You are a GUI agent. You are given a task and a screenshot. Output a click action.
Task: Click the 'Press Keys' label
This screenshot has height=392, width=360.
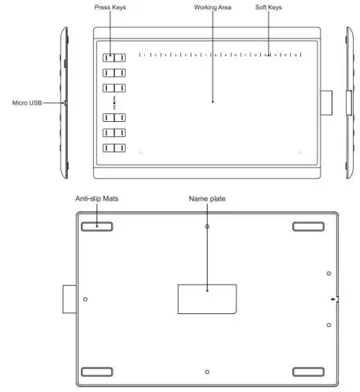pyautogui.click(x=110, y=6)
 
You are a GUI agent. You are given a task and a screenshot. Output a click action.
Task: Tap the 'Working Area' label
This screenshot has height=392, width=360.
pyautogui.click(x=212, y=6)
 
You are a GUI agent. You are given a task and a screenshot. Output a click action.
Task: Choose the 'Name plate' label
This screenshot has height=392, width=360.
pyautogui.click(x=207, y=200)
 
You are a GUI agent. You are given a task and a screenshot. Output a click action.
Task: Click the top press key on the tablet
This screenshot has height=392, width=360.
pyautogui.click(x=114, y=57)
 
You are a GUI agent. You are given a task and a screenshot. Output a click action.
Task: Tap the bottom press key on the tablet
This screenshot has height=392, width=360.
pyautogui.click(x=114, y=147)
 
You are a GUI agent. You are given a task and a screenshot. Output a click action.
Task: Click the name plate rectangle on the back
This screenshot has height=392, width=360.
pyautogui.click(x=206, y=297)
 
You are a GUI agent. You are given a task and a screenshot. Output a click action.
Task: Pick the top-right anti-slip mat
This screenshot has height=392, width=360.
pyautogui.click(x=309, y=227)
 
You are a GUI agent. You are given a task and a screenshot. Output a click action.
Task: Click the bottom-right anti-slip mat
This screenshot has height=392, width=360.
pyautogui.click(x=309, y=371)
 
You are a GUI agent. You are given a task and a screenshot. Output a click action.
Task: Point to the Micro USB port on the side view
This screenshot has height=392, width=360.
pyautogui.click(x=65, y=102)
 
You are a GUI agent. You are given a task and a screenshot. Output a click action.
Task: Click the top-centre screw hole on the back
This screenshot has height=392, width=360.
pyautogui.click(x=206, y=227)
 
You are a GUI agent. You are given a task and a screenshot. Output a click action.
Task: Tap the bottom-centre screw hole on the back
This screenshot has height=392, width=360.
pyautogui.click(x=206, y=371)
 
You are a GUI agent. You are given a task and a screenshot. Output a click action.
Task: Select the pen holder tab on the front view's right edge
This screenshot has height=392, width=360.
pyautogui.click(x=325, y=102)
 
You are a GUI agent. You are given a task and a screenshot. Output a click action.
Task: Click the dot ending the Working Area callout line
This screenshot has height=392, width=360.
pyautogui.click(x=212, y=101)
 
